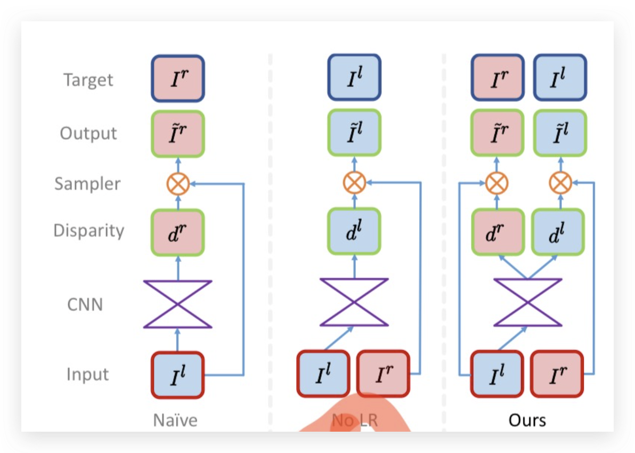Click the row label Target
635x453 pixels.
[88, 80]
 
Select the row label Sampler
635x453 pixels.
[87, 184]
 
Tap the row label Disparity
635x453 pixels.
[88, 231]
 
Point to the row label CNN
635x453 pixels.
[85, 305]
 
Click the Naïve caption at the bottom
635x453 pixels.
[175, 420]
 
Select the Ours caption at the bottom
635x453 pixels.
[527, 420]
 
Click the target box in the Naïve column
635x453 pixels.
[178, 78]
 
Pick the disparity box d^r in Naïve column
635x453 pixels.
[178, 232]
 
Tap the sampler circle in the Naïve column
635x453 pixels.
[178, 184]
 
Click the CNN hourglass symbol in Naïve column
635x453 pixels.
[178, 304]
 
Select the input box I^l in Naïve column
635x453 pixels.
[178, 375]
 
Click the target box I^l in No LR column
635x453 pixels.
[354, 77]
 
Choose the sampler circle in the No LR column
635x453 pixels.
[354, 184]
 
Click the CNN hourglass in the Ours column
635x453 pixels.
[527, 302]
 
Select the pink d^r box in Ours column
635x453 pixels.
[496, 232]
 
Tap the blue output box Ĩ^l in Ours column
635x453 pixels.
[560, 133]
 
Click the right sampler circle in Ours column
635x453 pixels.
[560, 184]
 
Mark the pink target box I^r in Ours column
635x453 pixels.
[496, 77]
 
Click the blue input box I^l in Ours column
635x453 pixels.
[496, 374]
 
